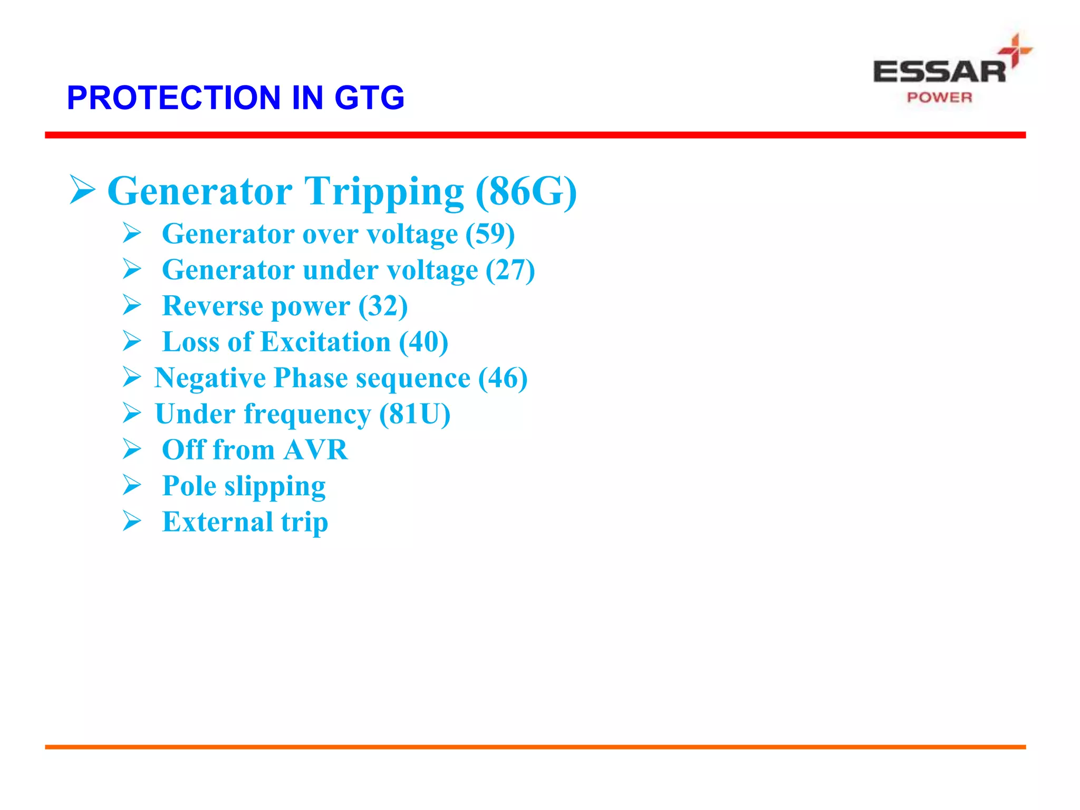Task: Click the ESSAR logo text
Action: point(939,72)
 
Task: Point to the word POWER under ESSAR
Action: point(939,98)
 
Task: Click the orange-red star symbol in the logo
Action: point(1015,50)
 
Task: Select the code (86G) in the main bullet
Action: point(526,191)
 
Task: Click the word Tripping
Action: point(384,191)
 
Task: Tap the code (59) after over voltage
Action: point(490,234)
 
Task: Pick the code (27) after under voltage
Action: point(510,270)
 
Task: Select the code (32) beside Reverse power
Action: point(383,306)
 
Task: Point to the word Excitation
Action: point(325,342)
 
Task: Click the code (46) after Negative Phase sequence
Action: point(503,378)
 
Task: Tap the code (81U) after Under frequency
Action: point(414,414)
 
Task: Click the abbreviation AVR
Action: point(315,450)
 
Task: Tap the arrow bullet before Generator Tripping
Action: point(82,190)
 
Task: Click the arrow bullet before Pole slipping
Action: point(132,485)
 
